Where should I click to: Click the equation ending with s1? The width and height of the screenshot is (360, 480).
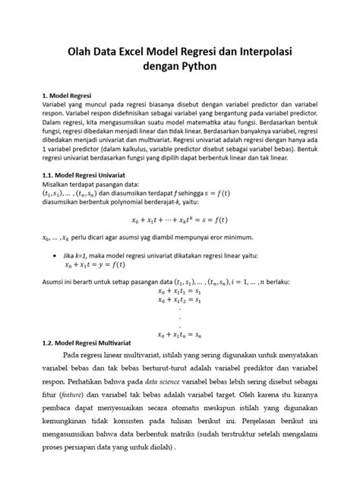click(x=178, y=290)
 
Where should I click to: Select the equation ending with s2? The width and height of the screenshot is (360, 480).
click(x=178, y=299)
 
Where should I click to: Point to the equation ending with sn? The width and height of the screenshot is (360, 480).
click(x=178, y=333)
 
